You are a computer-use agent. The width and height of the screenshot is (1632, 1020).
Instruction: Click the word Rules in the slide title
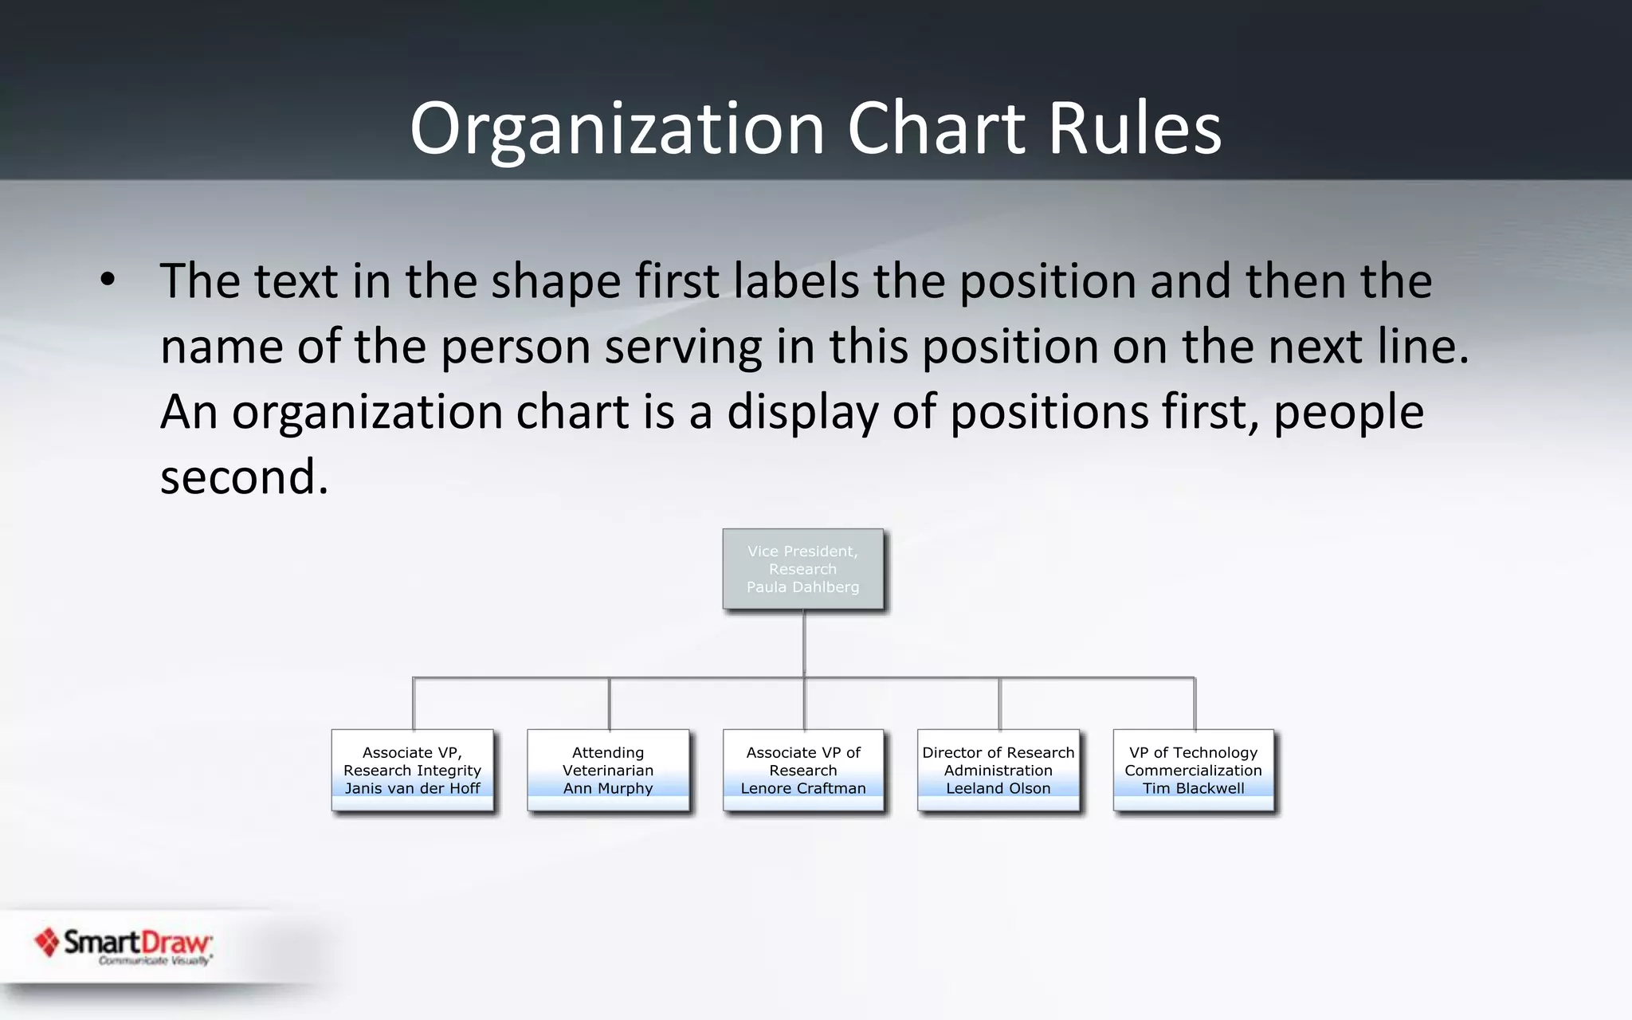click(x=1134, y=128)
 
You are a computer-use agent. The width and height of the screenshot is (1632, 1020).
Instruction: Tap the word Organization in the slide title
click(x=617, y=128)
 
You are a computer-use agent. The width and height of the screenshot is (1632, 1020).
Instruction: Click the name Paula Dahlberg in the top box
click(x=802, y=587)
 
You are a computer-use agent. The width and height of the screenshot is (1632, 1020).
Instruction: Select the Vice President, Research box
click(x=802, y=568)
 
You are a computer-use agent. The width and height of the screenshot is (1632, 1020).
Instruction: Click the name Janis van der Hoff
click(x=412, y=788)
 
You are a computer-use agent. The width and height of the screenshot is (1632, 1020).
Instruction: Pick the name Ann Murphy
click(x=608, y=788)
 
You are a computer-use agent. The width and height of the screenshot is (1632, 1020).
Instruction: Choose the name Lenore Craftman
click(x=802, y=788)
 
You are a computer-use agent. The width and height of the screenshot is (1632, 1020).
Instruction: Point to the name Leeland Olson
click(x=998, y=788)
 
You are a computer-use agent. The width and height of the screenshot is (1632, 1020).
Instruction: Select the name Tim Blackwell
click(x=1193, y=788)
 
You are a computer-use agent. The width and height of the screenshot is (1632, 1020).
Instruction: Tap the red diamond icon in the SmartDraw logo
click(x=47, y=943)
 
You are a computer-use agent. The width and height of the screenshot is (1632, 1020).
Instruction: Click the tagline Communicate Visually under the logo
click(x=155, y=961)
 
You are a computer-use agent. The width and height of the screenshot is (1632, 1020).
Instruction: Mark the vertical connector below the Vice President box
click(x=804, y=642)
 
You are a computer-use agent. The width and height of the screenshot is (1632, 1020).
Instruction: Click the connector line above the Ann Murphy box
click(x=610, y=704)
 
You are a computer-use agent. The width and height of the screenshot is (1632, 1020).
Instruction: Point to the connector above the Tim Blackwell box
click(x=1195, y=704)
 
